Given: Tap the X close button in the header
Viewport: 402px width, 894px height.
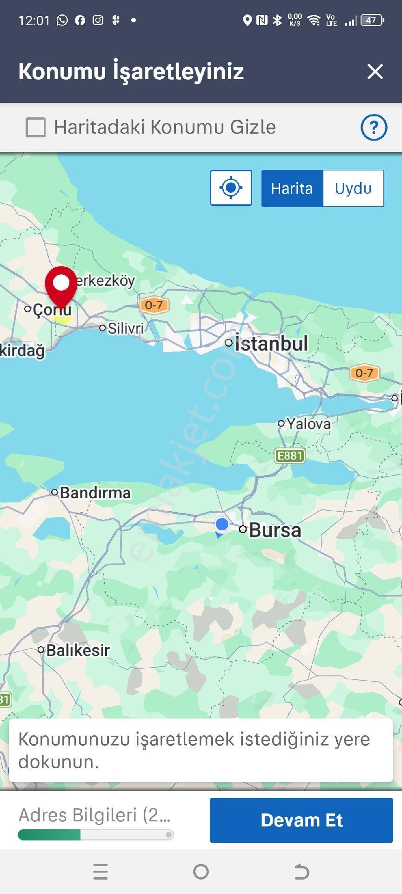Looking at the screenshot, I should (375, 72).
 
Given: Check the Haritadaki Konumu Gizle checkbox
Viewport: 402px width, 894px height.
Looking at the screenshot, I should (36, 127).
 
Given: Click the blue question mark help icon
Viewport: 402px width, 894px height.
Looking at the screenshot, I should (374, 127).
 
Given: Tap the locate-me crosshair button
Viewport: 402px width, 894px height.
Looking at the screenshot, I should (231, 188).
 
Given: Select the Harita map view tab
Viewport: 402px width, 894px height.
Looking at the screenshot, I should (292, 188).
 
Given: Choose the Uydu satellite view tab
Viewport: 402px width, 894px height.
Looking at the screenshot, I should (353, 188).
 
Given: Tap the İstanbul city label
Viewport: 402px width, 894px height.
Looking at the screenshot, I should (271, 344).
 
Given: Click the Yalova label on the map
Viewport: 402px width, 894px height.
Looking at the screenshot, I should (308, 424).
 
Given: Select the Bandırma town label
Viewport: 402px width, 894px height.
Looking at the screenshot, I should (95, 493).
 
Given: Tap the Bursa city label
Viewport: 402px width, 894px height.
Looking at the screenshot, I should (275, 530).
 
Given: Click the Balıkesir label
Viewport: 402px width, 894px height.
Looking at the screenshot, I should (78, 650).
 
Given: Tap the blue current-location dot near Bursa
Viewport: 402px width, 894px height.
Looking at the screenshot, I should (222, 524).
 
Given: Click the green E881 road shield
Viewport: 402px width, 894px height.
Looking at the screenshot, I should (290, 455).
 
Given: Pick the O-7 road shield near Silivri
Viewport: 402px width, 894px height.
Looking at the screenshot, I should (154, 305).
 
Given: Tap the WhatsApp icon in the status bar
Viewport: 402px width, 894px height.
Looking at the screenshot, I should (62, 20).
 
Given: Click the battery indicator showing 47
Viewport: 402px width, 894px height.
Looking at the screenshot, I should (372, 20).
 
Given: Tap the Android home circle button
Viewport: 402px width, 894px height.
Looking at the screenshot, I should (201, 872).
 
